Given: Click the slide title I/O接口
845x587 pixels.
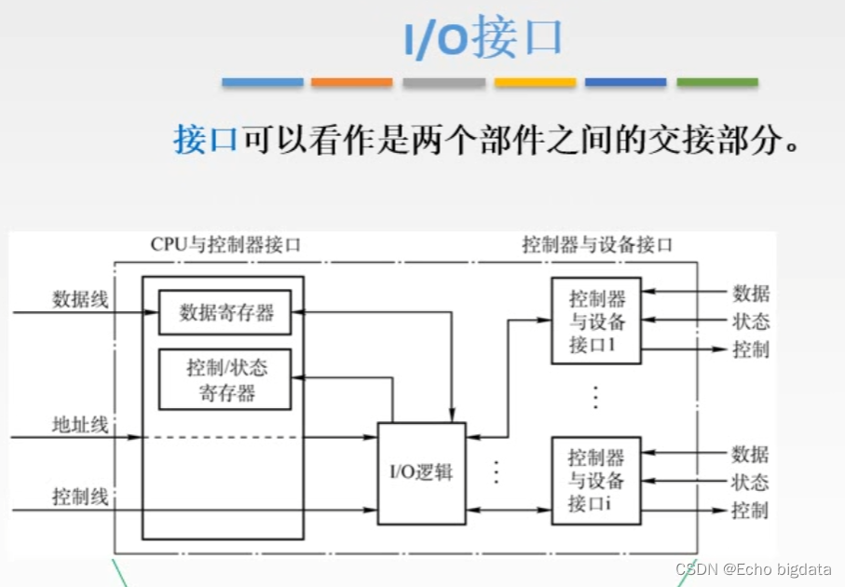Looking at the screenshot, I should coord(483,38).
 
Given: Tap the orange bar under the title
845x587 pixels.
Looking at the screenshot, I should coord(351,83).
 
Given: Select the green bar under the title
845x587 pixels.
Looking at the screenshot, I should coord(716,83).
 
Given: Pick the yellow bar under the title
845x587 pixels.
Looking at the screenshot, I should coord(535,83).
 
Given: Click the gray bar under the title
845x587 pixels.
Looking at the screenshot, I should coord(443,83).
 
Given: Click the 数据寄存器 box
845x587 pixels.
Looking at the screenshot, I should coord(225,313).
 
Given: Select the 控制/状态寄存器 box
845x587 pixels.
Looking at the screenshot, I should coord(225,379).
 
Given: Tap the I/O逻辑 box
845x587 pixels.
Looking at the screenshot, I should coord(420,471).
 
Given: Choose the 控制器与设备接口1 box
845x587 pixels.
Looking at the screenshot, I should coord(596,321).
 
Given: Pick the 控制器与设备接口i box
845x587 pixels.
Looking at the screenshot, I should coord(596,481).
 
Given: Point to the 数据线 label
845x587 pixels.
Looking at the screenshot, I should coord(80,300).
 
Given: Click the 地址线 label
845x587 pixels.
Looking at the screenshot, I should coord(80,426).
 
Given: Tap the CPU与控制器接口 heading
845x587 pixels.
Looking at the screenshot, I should coord(225,245).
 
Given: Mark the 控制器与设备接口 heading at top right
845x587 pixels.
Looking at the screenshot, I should coord(597,245).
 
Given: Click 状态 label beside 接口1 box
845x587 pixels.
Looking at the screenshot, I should coord(751,322).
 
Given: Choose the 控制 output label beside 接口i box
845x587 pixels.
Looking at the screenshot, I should coord(751,511).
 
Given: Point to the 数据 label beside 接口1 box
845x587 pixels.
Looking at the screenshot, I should coord(751,293).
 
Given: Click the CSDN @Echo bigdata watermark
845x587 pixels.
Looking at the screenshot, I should coord(756,569).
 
